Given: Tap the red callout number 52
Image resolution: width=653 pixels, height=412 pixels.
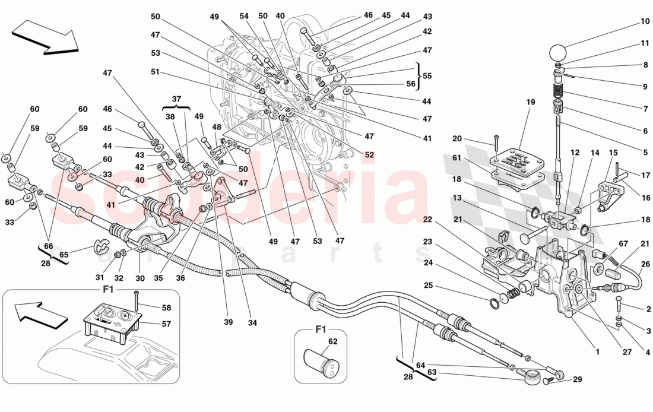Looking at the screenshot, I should point(370,155).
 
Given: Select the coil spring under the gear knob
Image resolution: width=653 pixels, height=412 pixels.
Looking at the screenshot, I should point(557,91).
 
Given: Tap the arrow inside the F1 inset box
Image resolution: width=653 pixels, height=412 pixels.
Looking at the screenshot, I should point(37,313).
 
